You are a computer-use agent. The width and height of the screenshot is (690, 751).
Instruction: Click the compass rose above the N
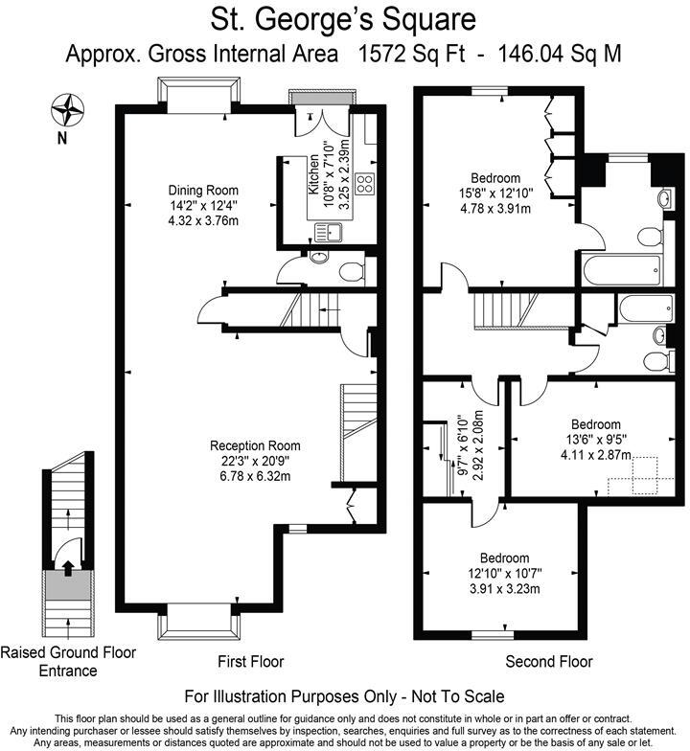67,110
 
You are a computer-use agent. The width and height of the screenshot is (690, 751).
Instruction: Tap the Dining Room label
203,190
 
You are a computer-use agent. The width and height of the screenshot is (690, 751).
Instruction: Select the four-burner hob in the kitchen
365,184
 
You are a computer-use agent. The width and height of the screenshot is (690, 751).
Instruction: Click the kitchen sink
328,233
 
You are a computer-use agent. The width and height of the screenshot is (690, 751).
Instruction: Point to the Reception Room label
255,446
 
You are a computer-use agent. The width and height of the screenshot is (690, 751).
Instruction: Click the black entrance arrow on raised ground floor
67,568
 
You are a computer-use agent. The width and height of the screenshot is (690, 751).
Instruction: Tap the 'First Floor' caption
251,661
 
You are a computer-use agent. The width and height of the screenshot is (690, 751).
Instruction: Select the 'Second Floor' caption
549,661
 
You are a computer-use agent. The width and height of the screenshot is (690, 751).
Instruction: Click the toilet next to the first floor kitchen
352,272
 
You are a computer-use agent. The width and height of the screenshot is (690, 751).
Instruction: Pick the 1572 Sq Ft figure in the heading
412,54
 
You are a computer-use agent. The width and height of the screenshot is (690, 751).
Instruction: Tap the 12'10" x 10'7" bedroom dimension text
505,573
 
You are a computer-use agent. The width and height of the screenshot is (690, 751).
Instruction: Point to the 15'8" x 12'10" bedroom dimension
496,193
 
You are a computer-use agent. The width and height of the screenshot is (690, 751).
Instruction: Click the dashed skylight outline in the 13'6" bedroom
632,475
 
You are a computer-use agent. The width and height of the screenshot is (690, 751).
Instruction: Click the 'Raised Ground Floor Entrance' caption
68,661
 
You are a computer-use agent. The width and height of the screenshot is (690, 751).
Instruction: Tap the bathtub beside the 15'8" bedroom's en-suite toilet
621,270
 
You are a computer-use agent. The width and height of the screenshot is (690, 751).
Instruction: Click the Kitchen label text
313,174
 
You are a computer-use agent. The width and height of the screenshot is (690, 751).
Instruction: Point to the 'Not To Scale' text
458,695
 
